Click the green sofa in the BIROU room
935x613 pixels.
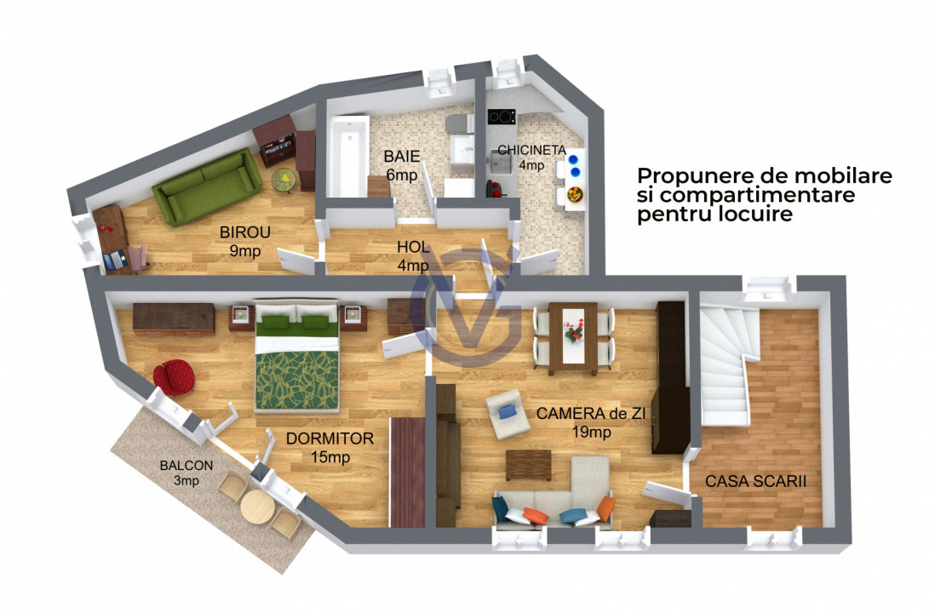coord(207,186)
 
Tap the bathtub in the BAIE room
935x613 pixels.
coord(348,156)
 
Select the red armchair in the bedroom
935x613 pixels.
coord(175,377)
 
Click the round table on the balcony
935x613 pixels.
coord(255,508)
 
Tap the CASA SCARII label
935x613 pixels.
coord(755,481)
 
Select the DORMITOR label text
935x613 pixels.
coord(330,439)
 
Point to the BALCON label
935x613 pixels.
coord(186,466)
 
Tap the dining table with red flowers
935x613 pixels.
coord(572,337)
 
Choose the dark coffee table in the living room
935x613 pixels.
coord(528,465)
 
